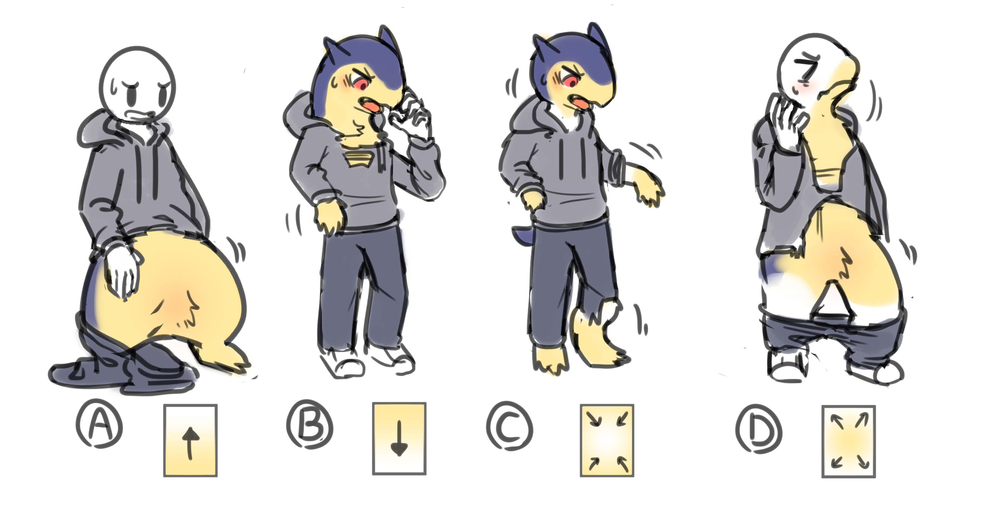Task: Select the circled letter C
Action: (x=509, y=426)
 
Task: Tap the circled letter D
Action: (x=759, y=428)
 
